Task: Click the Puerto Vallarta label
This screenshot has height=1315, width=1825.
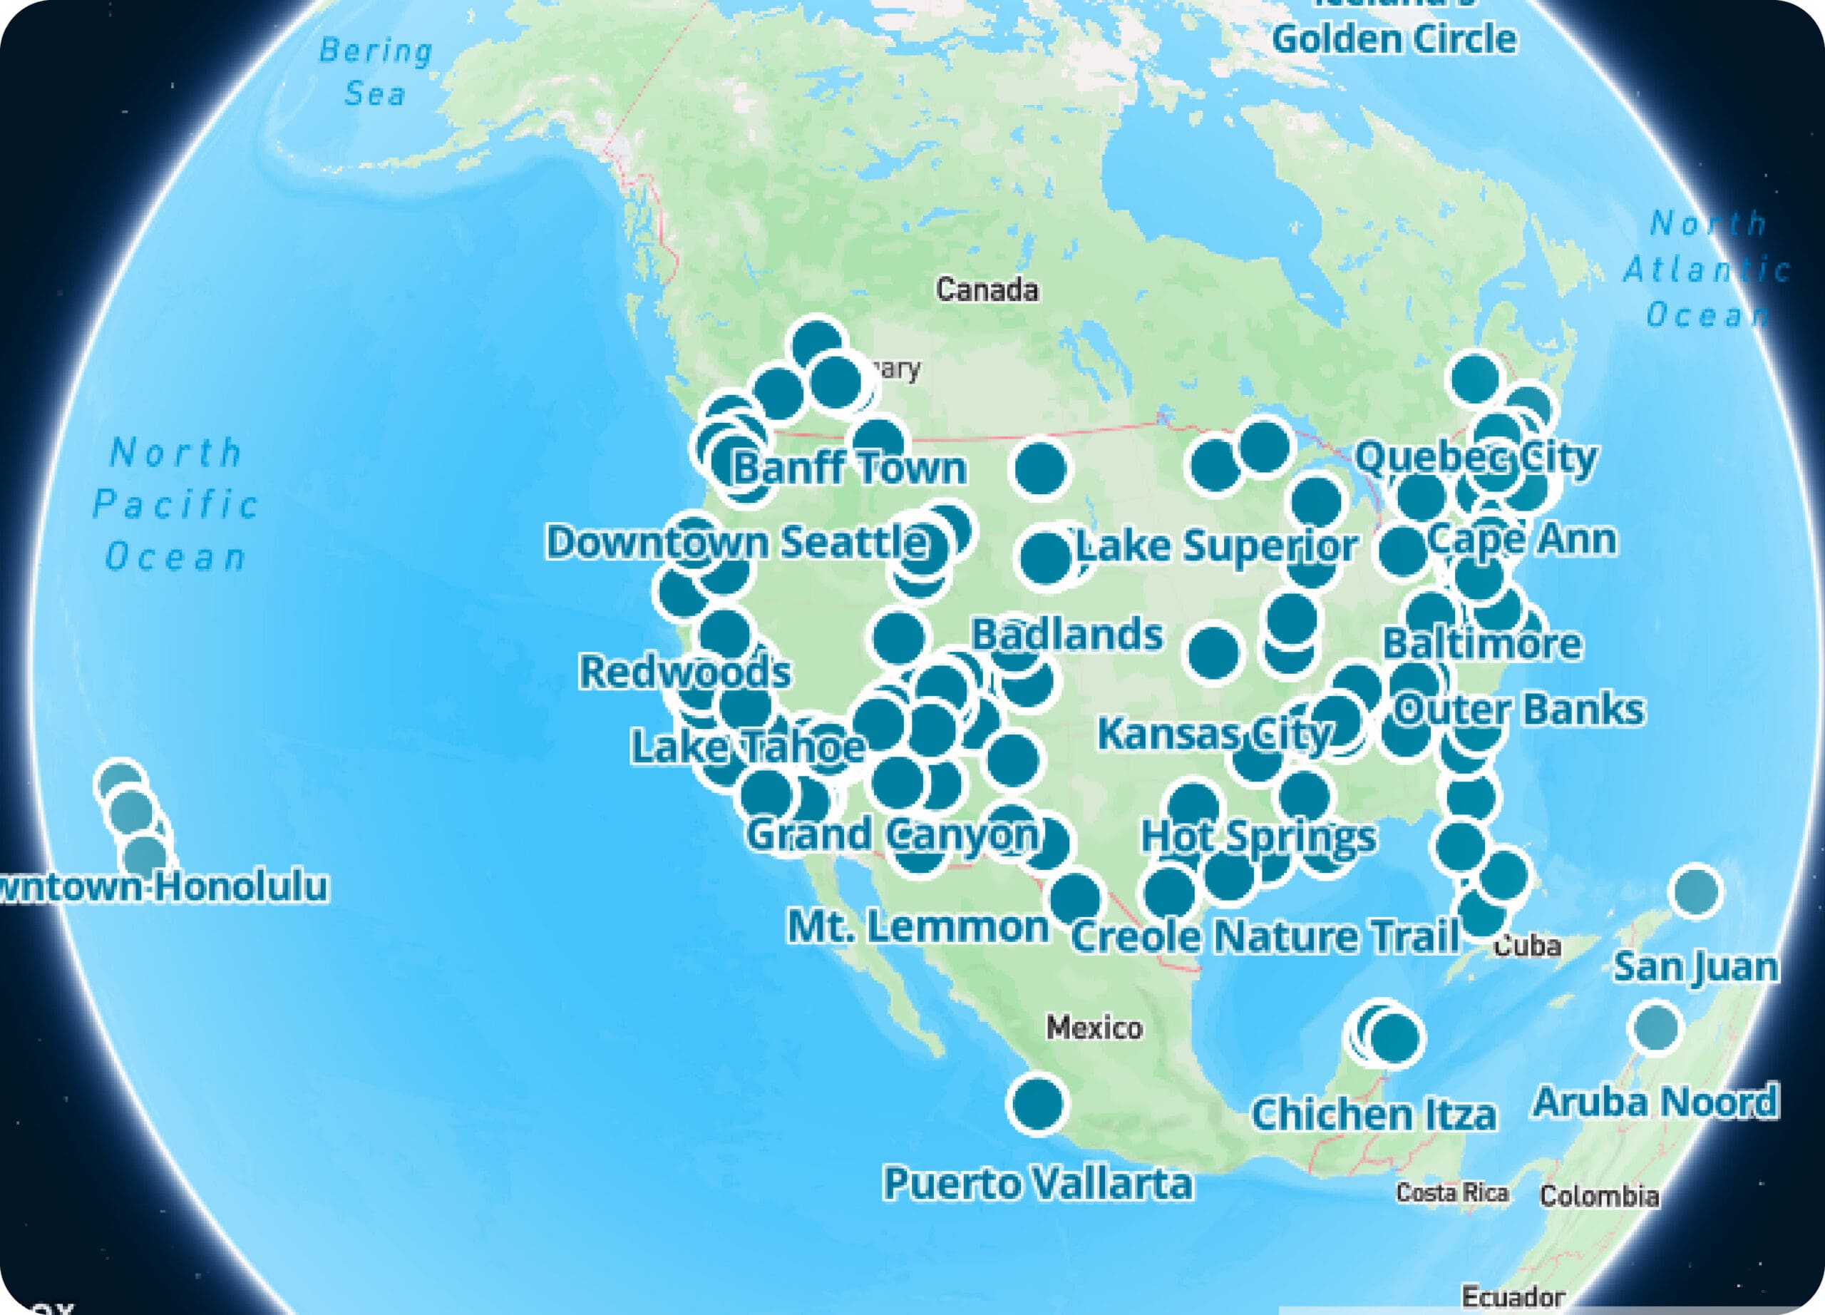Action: click(x=1037, y=1183)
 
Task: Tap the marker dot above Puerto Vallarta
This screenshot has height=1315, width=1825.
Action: click(x=1037, y=1104)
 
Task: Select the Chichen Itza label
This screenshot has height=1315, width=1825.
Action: click(x=1374, y=1114)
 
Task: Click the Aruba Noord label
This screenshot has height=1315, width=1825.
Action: click(x=1655, y=1102)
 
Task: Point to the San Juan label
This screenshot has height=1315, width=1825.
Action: click(x=1695, y=966)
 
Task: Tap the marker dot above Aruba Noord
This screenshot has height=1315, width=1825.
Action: click(x=1655, y=1028)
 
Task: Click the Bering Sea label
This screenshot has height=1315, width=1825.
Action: click(x=376, y=73)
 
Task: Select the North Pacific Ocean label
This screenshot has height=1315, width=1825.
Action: click(x=176, y=505)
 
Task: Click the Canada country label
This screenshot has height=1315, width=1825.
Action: click(x=987, y=290)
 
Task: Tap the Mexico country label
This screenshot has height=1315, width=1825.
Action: click(x=1094, y=1028)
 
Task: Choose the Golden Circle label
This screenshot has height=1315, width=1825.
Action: click(x=1394, y=38)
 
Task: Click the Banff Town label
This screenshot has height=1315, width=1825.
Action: click(x=850, y=468)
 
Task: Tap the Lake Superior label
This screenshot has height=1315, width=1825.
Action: click(x=1217, y=546)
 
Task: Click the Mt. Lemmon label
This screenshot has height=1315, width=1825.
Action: click(x=918, y=926)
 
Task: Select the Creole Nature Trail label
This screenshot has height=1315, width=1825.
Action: click(x=1265, y=936)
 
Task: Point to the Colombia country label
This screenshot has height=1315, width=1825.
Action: click(x=1599, y=1196)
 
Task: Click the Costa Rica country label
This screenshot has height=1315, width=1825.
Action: click(x=1451, y=1192)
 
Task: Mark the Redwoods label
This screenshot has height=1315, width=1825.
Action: click(x=685, y=671)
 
